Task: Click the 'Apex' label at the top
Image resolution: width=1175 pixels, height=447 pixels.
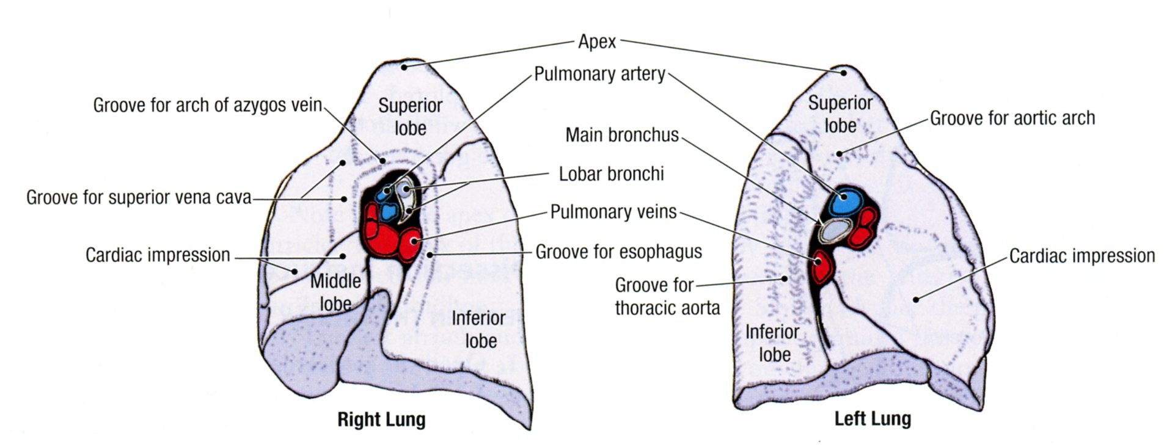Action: tap(597, 42)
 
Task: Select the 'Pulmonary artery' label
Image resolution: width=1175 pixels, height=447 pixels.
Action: tap(599, 74)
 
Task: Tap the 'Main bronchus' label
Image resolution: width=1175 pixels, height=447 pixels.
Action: tap(621, 135)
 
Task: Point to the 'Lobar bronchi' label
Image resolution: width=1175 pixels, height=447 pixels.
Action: tap(611, 174)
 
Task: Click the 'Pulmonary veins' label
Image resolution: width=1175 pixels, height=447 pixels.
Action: tap(613, 212)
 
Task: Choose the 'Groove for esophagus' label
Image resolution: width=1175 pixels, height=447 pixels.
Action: tap(618, 252)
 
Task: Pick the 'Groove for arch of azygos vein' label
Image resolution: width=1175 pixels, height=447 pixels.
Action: tap(207, 105)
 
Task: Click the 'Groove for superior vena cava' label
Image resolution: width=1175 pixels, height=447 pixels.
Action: tap(139, 198)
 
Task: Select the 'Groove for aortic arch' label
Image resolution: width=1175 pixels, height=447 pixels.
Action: tap(1012, 118)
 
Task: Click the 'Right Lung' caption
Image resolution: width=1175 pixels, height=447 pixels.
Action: tap(381, 420)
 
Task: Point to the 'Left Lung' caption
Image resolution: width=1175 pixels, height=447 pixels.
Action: tap(872, 419)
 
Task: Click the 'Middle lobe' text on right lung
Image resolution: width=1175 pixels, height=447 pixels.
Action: tap(335, 293)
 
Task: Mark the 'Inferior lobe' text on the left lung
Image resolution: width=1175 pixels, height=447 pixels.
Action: tap(772, 343)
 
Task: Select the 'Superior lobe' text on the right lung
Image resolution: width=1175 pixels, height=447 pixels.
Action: tap(410, 117)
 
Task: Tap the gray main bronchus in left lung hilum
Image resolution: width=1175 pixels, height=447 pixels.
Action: tap(835, 230)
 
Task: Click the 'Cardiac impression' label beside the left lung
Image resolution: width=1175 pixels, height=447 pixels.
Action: tap(1082, 256)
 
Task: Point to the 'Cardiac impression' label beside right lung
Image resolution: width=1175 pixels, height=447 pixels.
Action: tap(158, 255)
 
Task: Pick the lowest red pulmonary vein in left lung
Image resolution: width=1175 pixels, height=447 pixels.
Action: tap(823, 267)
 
